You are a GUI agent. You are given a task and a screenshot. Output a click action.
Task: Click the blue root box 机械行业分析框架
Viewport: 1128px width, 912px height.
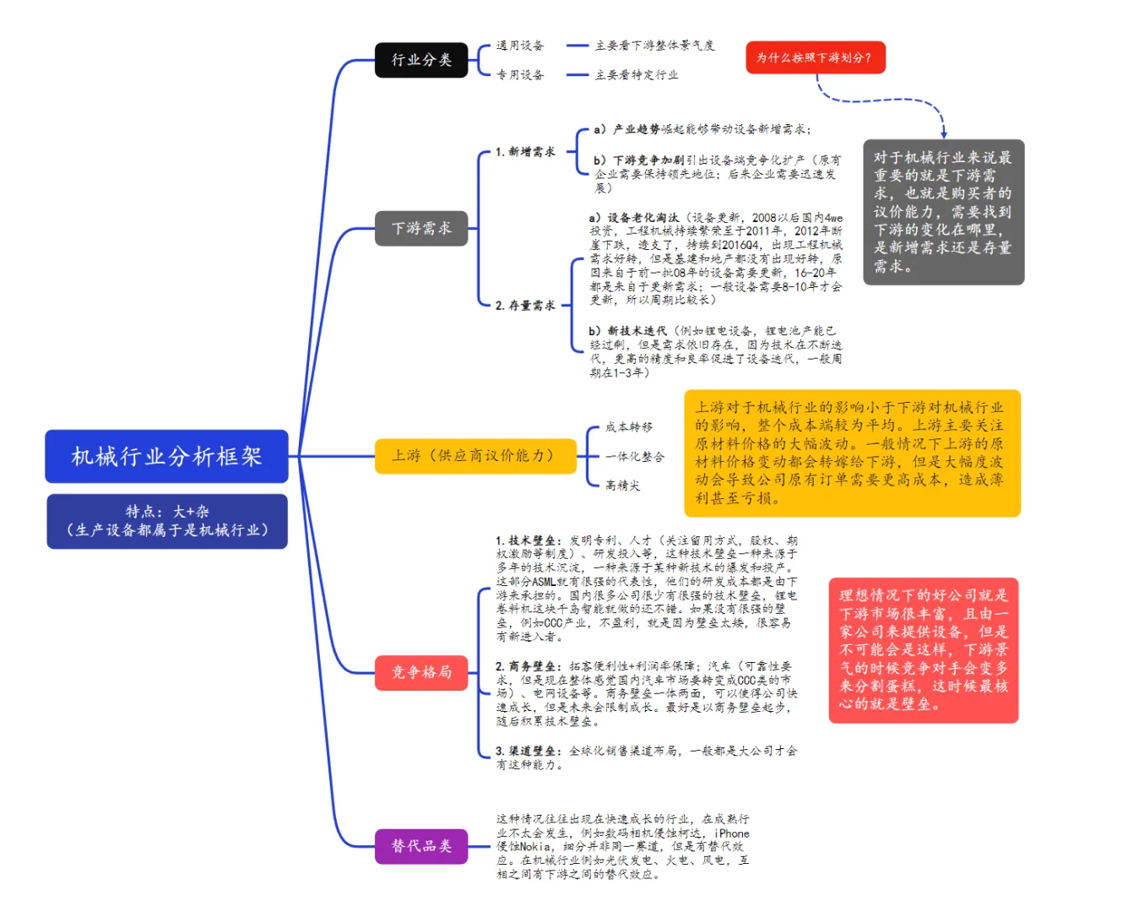coord(166,456)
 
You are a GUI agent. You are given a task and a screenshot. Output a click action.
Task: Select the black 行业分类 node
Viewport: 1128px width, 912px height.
coord(421,60)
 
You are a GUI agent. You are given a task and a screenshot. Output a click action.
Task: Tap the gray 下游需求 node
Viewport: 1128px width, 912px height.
coord(421,228)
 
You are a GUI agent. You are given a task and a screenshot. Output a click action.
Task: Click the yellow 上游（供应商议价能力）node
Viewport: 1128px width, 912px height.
coord(475,456)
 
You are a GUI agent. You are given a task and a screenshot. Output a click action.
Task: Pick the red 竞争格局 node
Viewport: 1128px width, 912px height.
coord(421,672)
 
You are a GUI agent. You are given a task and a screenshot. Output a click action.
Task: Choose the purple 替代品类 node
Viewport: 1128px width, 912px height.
coord(421,846)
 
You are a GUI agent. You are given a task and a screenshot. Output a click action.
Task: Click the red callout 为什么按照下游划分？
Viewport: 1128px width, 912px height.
coord(815,57)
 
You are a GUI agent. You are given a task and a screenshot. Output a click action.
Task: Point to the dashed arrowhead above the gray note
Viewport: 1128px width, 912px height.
coord(943,133)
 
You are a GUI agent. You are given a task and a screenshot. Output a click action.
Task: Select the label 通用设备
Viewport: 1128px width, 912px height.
coord(520,46)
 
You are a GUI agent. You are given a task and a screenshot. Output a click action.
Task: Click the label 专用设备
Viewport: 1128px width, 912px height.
coord(520,75)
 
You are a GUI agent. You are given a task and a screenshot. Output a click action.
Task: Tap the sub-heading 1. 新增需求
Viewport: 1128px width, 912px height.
coord(525,152)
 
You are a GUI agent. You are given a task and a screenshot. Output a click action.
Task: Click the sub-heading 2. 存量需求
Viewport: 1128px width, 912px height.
coord(525,306)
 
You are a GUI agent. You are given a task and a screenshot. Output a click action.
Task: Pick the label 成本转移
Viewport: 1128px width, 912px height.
coord(629,427)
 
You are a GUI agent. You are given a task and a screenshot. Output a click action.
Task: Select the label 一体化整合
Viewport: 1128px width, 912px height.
coord(635,457)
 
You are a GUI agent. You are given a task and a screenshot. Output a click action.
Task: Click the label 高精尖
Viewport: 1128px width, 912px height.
coord(623,486)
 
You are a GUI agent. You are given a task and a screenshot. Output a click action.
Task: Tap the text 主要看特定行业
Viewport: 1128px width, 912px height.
coord(637,75)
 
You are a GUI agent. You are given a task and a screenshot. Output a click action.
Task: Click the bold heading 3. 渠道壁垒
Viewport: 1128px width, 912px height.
coord(529,751)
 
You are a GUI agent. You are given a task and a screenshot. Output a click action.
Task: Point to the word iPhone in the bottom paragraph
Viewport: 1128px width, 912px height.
coord(732,833)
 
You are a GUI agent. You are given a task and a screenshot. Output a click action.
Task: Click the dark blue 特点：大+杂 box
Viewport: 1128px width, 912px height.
coord(167,521)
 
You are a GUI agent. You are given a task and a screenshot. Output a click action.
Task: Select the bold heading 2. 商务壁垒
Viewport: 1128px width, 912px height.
coord(529,666)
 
